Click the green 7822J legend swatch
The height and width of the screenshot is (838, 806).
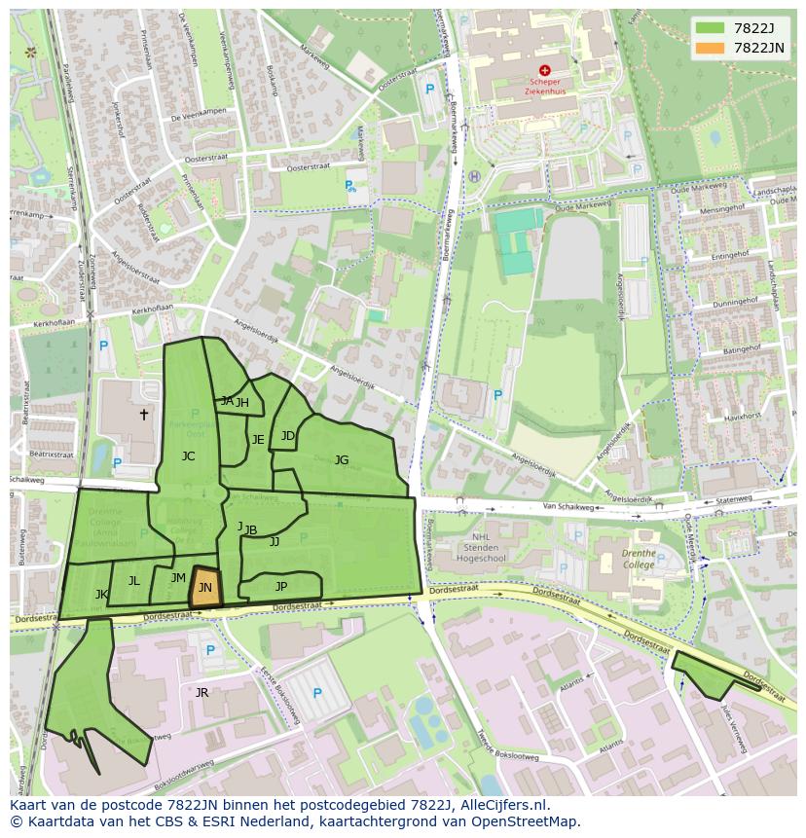click(x=710, y=27)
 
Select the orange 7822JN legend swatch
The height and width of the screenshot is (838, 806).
click(x=710, y=48)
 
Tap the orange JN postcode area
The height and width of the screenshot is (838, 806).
click(x=205, y=588)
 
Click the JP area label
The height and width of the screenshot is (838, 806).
click(x=281, y=586)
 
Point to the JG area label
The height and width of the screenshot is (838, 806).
click(x=342, y=459)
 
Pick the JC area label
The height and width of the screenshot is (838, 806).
click(x=188, y=455)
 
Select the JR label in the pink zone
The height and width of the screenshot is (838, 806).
click(x=201, y=692)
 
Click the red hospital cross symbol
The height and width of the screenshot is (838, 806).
click(x=544, y=70)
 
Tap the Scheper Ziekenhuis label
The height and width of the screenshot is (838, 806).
click(x=544, y=87)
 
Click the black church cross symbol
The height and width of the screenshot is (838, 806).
click(x=144, y=415)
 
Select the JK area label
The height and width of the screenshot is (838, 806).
click(x=101, y=594)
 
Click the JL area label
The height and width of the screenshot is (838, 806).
click(x=133, y=581)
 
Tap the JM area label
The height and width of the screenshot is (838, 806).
click(x=178, y=578)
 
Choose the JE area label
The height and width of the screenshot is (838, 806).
click(x=258, y=440)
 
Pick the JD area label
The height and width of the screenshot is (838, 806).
click(x=287, y=435)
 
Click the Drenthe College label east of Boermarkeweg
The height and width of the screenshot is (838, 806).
click(x=639, y=559)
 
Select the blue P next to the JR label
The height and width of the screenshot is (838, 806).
click(x=316, y=693)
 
